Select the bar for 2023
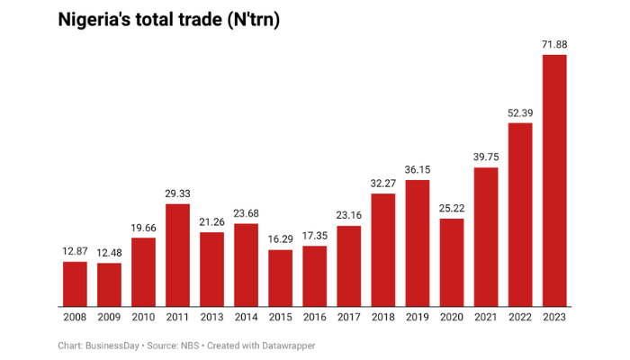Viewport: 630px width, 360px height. point(553,180)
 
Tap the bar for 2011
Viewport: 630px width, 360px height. point(178,255)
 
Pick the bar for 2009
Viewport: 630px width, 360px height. point(110,284)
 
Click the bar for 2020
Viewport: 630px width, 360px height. point(452,262)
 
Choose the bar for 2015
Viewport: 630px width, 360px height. point(281,278)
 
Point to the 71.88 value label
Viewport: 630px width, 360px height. point(553,44)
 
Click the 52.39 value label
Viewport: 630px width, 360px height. point(519,112)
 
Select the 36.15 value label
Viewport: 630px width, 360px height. point(417,169)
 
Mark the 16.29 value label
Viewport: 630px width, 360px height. point(281,239)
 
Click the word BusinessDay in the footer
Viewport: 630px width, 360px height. point(112,345)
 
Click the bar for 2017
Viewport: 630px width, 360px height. point(349,265)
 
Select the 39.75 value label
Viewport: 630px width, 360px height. point(486,157)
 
